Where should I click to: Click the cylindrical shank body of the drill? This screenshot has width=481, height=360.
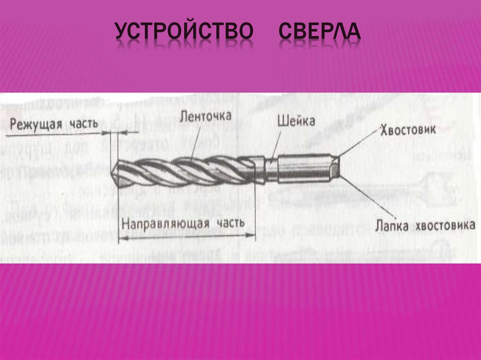(305, 168)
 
